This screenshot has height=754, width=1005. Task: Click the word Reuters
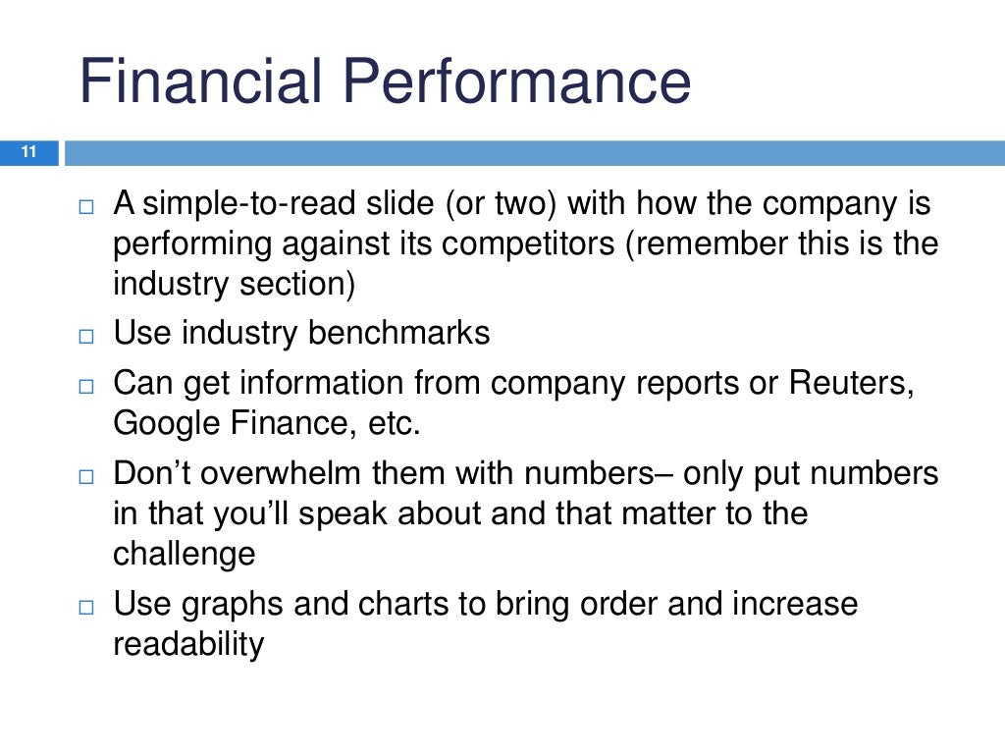(x=850, y=383)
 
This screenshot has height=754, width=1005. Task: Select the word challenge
(x=185, y=555)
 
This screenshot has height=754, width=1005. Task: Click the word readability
(x=188, y=645)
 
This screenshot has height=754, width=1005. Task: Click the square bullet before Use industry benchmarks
(x=85, y=336)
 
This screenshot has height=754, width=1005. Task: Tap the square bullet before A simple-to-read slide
(x=85, y=206)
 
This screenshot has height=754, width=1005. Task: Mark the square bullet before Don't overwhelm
(x=85, y=476)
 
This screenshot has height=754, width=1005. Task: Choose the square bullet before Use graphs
(x=85, y=606)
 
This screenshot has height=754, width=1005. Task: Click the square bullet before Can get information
(x=85, y=385)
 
